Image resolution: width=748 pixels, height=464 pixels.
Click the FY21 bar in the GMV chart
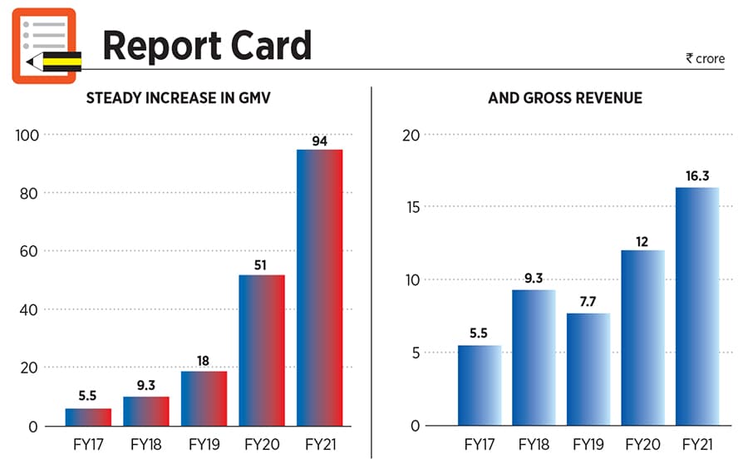click(x=320, y=288)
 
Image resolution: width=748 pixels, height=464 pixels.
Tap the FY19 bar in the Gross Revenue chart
click(x=588, y=369)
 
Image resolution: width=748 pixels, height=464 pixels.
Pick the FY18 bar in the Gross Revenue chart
click(x=534, y=358)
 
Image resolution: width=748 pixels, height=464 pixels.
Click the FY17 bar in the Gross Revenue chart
click(x=480, y=385)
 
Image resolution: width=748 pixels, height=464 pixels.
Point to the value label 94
click(x=320, y=141)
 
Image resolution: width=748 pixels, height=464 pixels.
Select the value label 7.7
click(x=588, y=303)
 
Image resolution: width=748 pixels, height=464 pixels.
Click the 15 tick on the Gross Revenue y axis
click(x=412, y=206)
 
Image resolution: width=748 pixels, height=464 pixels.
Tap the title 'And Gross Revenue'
click(x=565, y=98)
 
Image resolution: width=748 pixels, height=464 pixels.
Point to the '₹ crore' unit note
click(x=705, y=59)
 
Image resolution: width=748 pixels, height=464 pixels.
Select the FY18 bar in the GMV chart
click(x=146, y=411)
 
